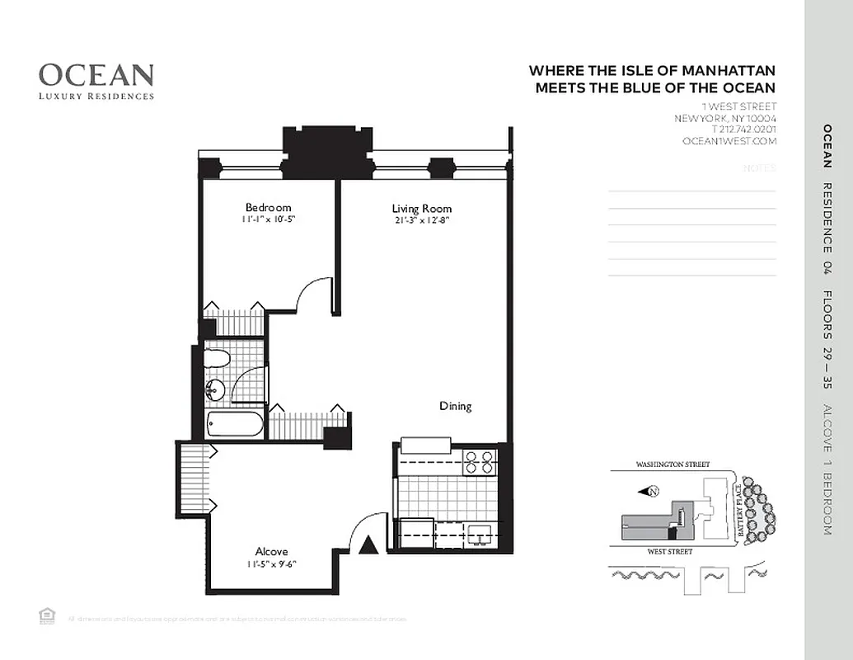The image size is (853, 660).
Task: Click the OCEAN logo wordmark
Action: (x=96, y=75)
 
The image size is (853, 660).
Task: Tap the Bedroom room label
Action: (x=268, y=208)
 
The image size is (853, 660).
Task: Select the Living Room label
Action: (x=422, y=209)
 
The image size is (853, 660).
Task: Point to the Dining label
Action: (x=455, y=406)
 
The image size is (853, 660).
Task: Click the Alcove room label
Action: (x=271, y=551)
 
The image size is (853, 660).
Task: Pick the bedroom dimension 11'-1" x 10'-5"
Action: (x=268, y=220)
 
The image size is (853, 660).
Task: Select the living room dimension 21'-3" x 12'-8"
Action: (x=422, y=220)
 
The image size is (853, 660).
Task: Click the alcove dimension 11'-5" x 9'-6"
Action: (x=271, y=564)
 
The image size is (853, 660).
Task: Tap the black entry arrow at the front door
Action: (x=369, y=544)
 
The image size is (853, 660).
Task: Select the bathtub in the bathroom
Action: (x=235, y=425)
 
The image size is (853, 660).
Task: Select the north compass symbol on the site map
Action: (x=650, y=492)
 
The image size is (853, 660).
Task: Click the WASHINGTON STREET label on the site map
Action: (x=673, y=465)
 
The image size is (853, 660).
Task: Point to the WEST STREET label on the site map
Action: (x=669, y=551)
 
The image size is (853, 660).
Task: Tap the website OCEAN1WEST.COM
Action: (x=729, y=141)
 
